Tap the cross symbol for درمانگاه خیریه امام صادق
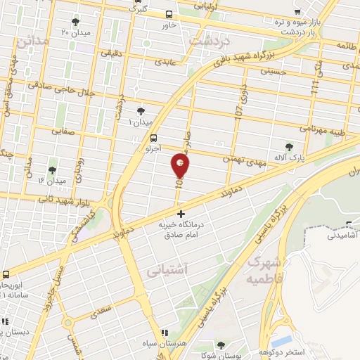(181, 213)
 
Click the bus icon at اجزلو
(154, 139)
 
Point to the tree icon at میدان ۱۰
(141, 111)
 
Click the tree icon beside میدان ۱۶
(52, 170)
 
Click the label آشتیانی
(166, 269)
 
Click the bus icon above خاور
(168, 14)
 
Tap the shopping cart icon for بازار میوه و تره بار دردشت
(298, 12)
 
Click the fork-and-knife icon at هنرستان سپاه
(165, 333)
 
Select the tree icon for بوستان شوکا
(221, 345)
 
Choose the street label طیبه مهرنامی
(323, 129)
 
